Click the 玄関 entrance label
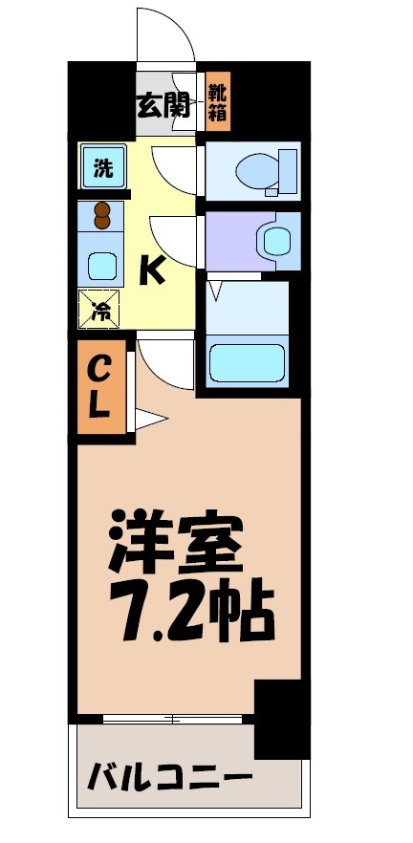pos(168,102)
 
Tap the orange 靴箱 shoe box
pos(219,102)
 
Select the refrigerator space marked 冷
pos(100,308)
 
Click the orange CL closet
pos(100,386)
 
